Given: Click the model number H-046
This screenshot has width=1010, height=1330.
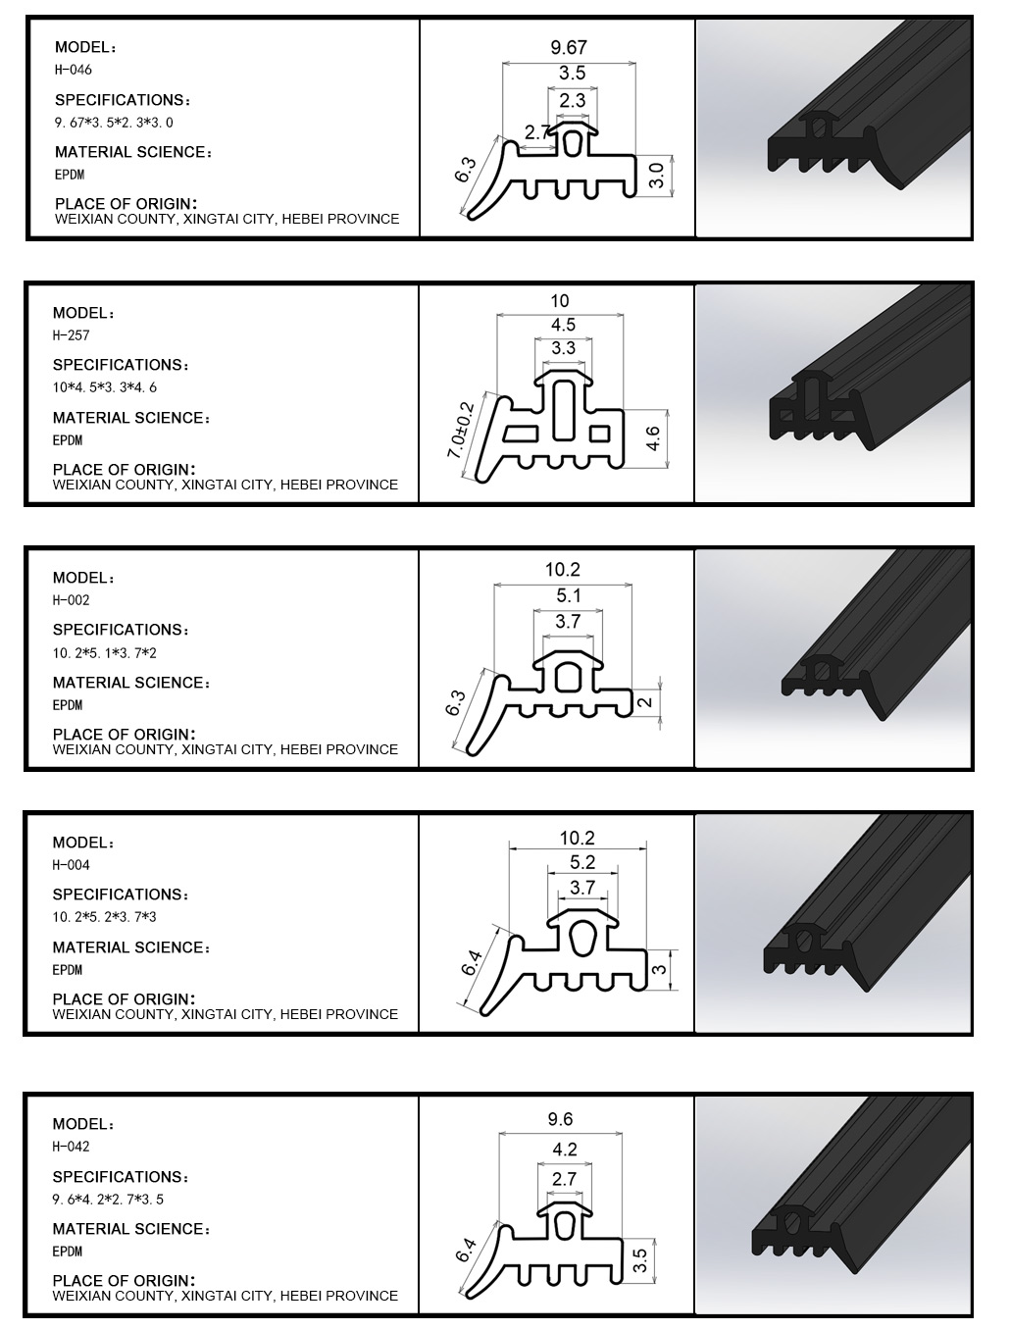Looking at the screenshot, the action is [74, 70].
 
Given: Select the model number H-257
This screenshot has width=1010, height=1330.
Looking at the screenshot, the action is [71, 335].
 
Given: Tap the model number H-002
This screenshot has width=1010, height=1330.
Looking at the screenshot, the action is [71, 600].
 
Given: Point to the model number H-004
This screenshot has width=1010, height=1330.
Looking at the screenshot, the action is [71, 865].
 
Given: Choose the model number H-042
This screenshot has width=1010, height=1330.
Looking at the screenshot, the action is [71, 1147].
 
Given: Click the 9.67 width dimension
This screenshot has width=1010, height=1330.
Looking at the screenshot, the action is [569, 47].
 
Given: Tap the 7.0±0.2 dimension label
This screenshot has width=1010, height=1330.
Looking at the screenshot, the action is [460, 431].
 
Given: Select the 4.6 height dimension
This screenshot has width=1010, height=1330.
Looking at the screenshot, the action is [653, 438].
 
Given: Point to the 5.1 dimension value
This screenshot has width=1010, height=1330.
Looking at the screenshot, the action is [569, 595].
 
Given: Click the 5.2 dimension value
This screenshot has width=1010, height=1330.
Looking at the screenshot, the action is [581, 861].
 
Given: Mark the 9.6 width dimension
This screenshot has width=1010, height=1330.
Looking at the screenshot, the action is [560, 1119].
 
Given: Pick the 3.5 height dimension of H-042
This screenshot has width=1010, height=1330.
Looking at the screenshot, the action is [640, 1260].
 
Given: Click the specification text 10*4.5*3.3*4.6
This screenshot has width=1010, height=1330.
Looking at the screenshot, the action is [105, 387].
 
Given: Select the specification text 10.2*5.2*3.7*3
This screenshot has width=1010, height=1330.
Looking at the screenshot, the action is [104, 917].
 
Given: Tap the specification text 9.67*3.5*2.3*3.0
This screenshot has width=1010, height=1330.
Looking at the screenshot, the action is [114, 123].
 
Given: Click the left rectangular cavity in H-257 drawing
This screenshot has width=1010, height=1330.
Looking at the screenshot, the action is [521, 434].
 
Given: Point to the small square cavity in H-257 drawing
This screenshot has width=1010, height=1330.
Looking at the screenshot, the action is [599, 434].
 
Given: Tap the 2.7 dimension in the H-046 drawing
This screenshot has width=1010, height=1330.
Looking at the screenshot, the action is [536, 132].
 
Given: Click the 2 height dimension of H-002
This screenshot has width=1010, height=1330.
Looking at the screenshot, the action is [645, 702].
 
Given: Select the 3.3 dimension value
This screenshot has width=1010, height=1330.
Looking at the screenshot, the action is [563, 348].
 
